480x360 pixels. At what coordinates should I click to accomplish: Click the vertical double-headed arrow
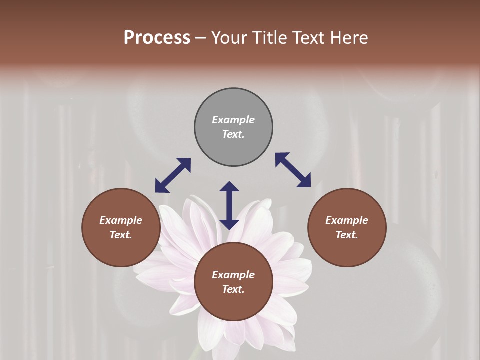[229, 205]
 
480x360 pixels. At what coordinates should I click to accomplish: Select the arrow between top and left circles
[173, 175]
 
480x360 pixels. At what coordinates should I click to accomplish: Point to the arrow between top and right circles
[293, 170]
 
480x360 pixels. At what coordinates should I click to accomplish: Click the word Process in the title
[157, 37]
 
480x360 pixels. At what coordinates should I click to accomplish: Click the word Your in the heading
[228, 37]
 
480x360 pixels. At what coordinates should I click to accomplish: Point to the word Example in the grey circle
[233, 120]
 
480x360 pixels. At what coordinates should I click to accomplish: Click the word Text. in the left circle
[121, 235]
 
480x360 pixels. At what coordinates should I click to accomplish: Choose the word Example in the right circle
[347, 220]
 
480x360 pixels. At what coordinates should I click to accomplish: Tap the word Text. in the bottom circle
[233, 289]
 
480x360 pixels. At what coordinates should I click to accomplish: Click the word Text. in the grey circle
[233, 134]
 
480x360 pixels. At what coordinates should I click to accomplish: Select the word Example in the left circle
[121, 220]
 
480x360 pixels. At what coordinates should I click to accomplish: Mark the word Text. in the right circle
[347, 235]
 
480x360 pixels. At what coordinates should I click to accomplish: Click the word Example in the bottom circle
[233, 275]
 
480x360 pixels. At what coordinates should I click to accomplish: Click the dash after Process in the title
[201, 38]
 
